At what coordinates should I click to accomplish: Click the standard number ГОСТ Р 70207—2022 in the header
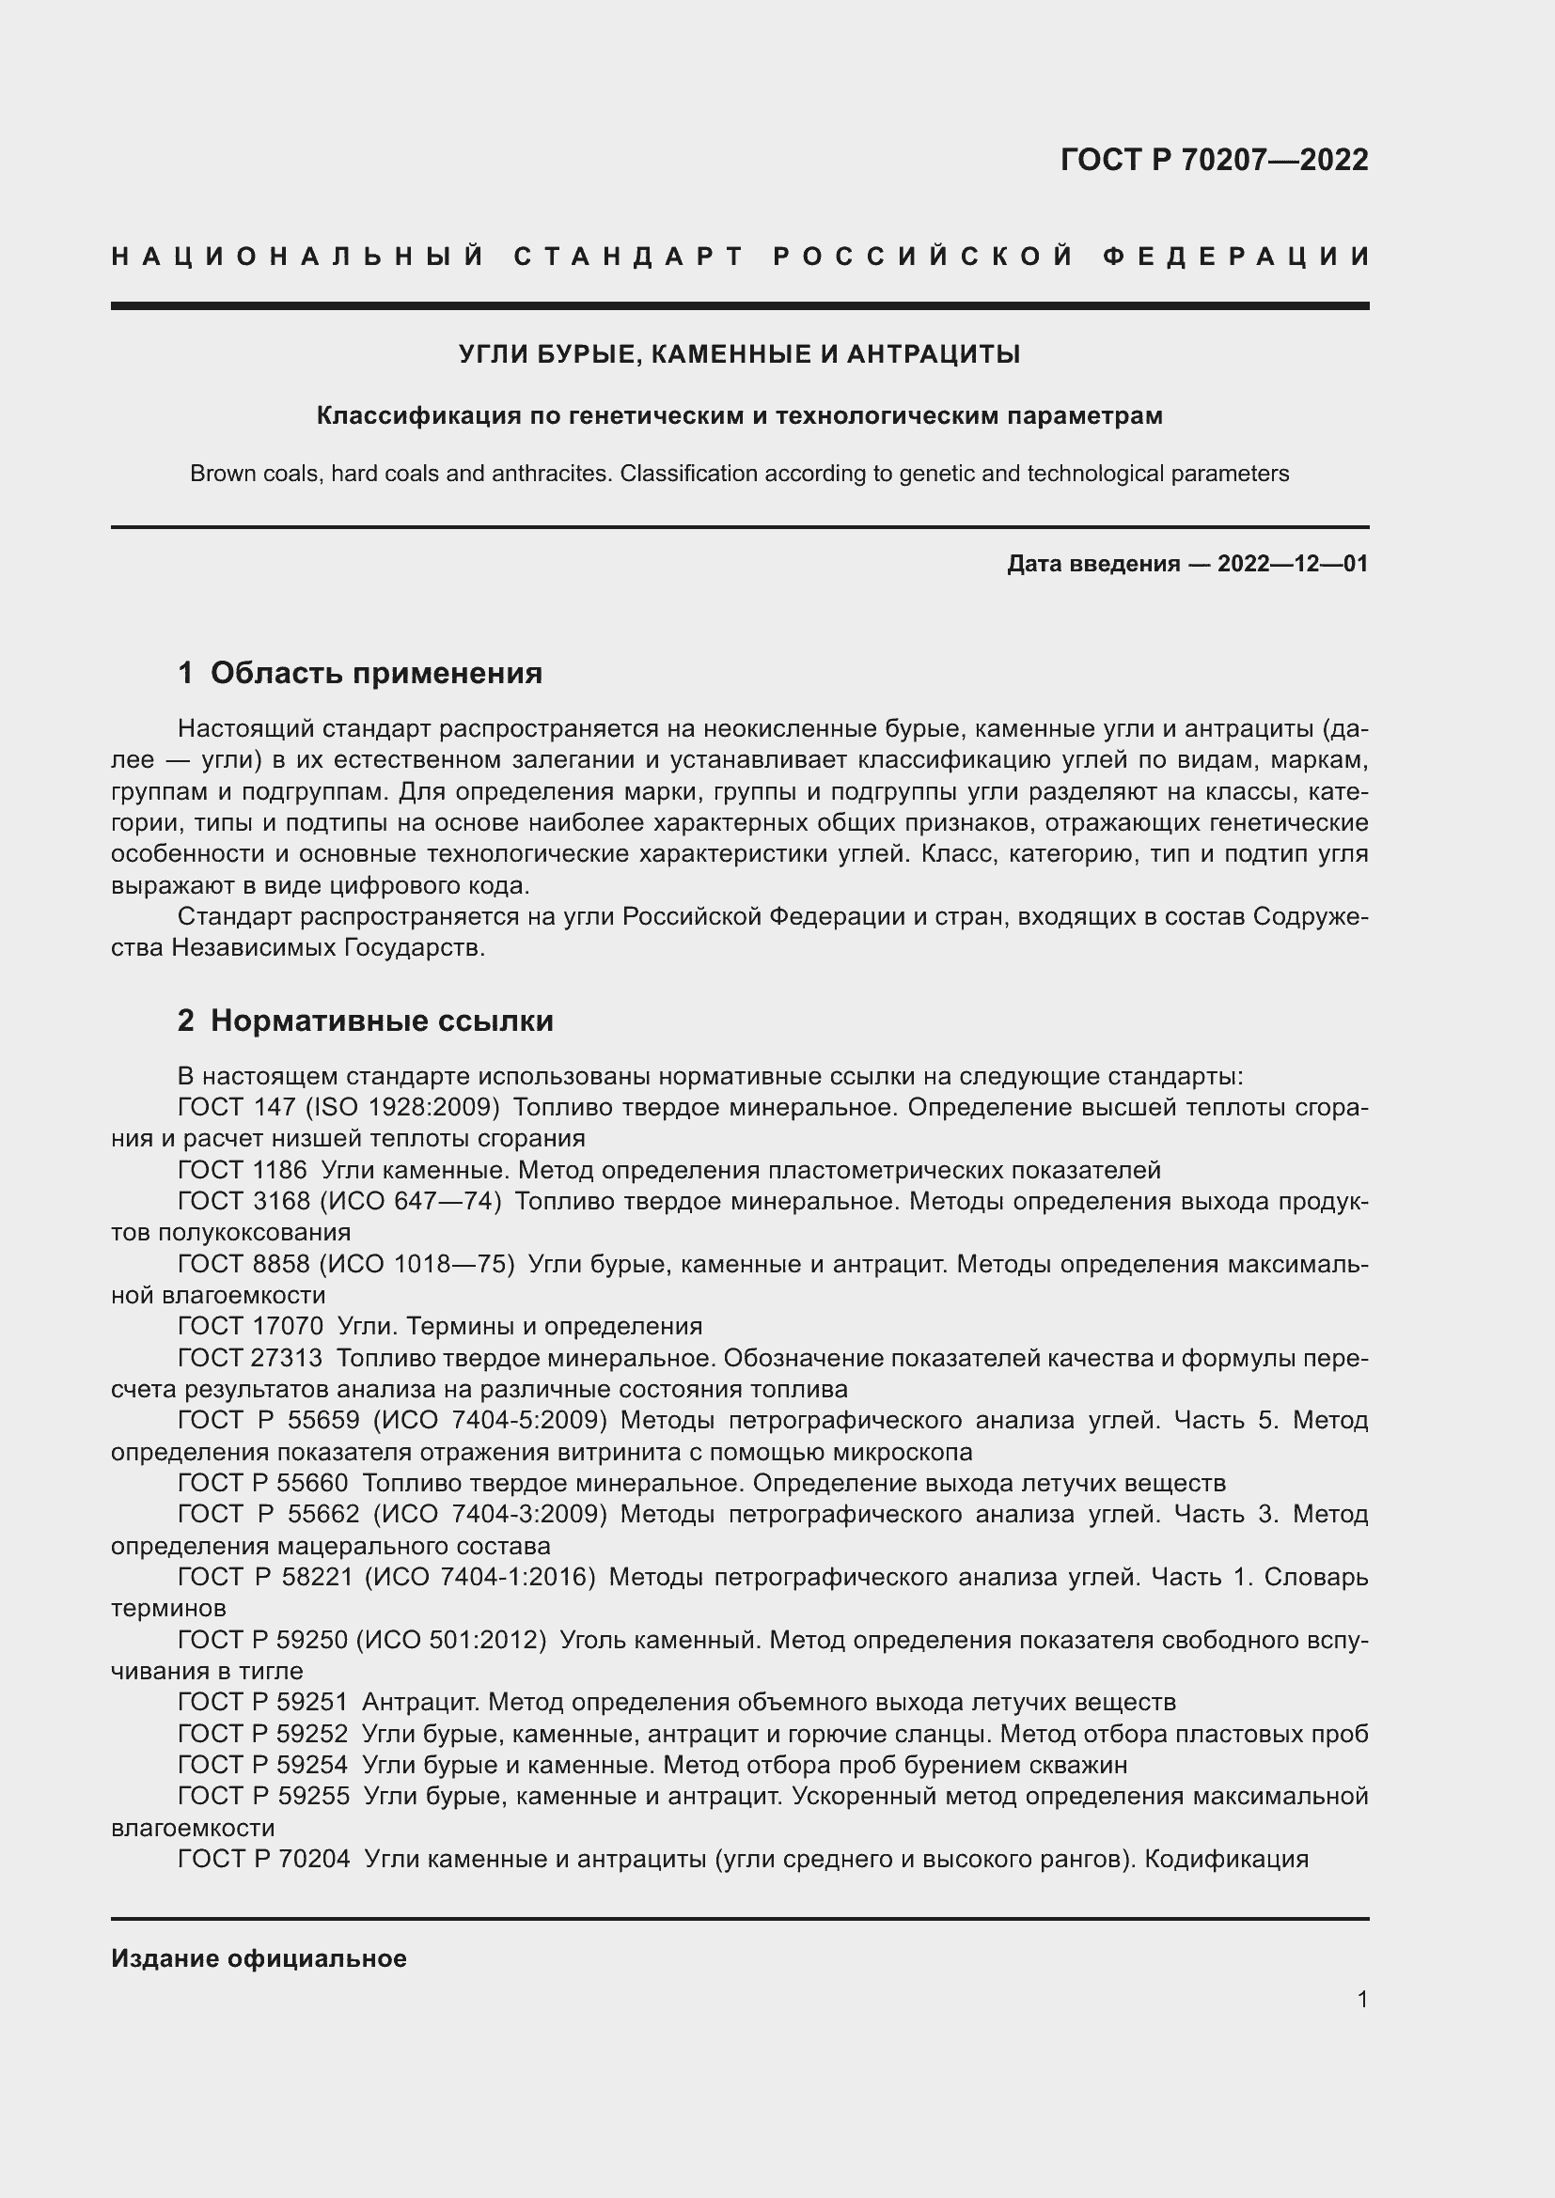[x=1213, y=160]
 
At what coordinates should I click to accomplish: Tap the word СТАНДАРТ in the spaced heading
[x=629, y=257]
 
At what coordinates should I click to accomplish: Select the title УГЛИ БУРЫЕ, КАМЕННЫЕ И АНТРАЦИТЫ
[x=739, y=354]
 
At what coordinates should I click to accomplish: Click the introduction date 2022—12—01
[x=1293, y=564]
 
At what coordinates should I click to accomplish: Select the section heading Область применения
[x=375, y=673]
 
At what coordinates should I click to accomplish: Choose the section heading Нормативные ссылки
[x=381, y=1021]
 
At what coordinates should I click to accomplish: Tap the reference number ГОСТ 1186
[x=243, y=1170]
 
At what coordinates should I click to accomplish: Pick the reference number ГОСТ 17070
[x=251, y=1326]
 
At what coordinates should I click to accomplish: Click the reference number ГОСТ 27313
[x=251, y=1358]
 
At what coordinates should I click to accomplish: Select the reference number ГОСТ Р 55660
[x=263, y=1483]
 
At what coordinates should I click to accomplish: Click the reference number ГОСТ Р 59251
[x=263, y=1702]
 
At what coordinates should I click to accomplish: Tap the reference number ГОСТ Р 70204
[x=263, y=1859]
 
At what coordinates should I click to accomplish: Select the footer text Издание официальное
[x=259, y=1958]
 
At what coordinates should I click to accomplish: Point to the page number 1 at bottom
[x=1362, y=1999]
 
